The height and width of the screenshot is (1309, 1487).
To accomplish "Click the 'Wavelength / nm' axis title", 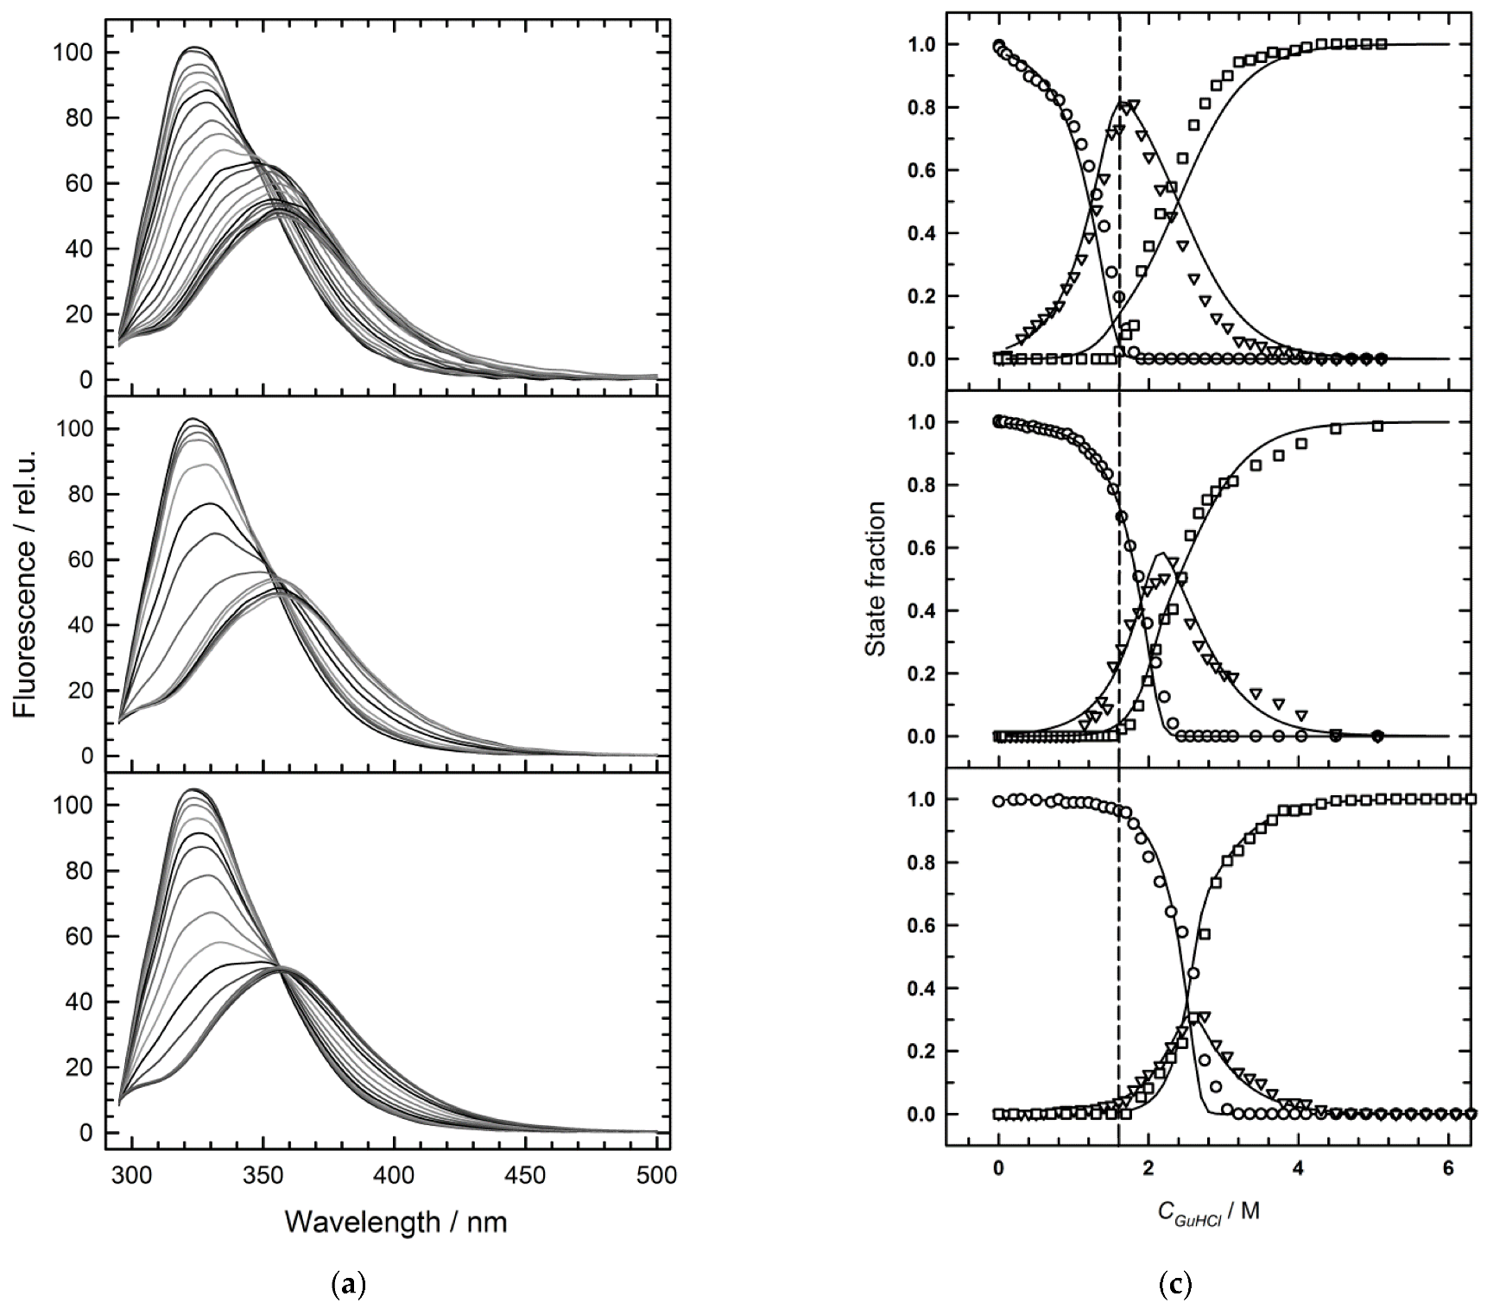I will (x=395, y=1222).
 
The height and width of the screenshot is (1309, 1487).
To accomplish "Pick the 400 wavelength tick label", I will (x=394, y=1176).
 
